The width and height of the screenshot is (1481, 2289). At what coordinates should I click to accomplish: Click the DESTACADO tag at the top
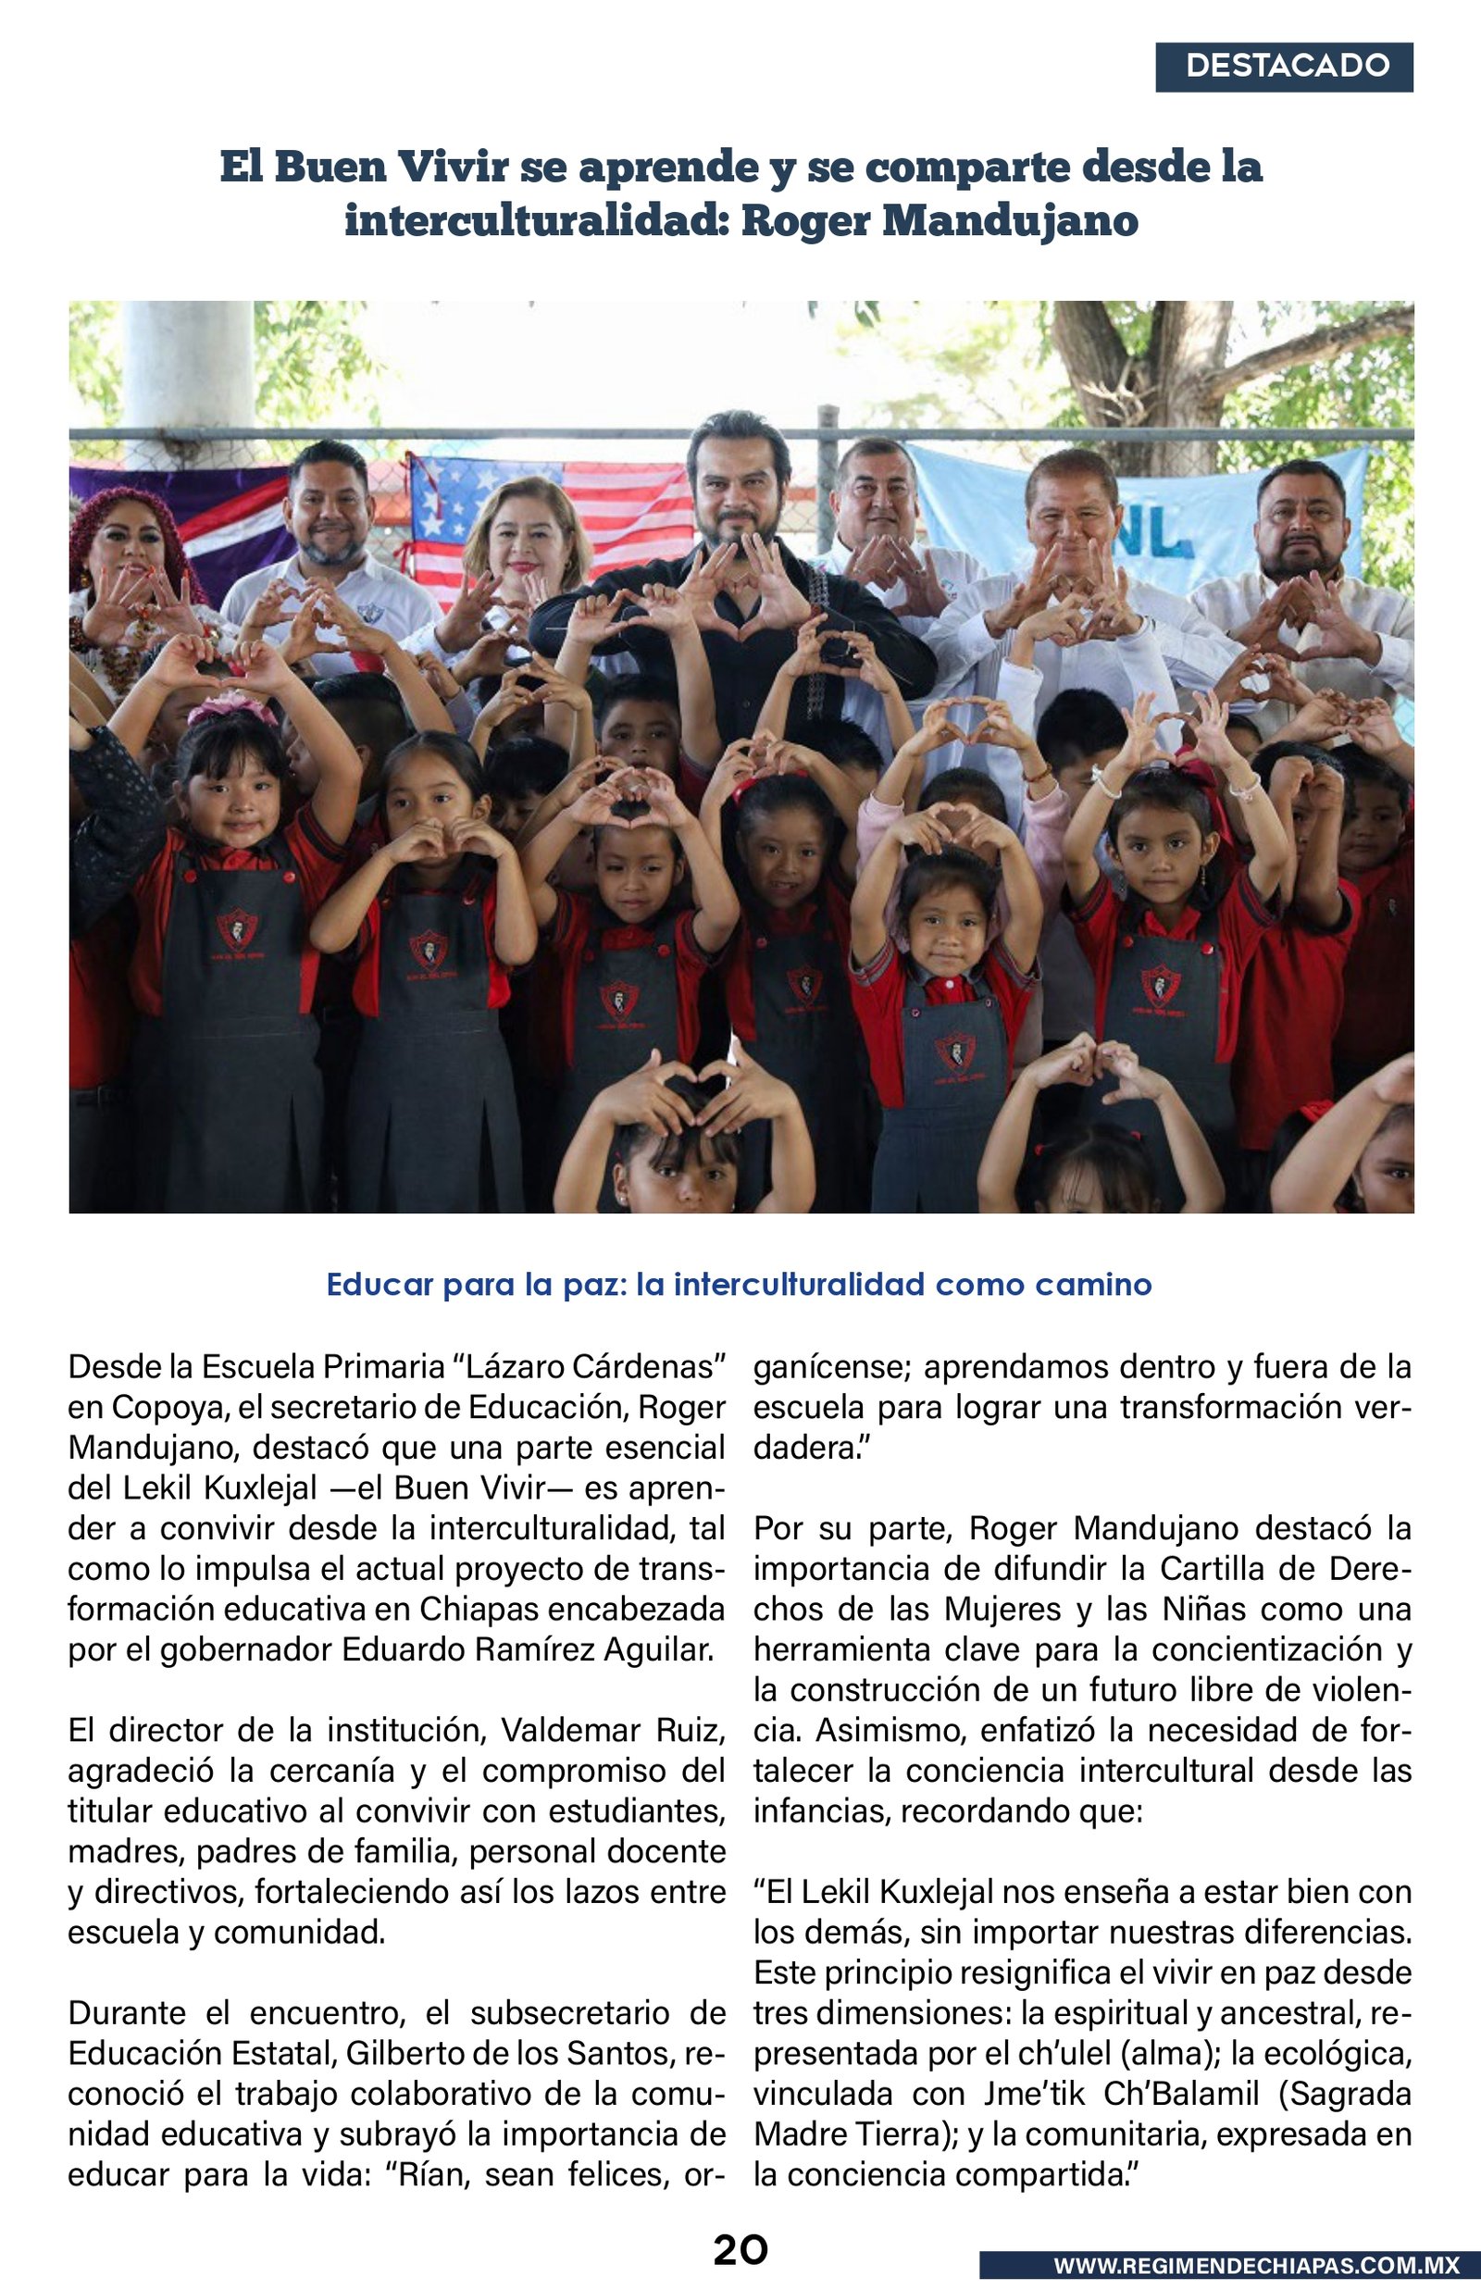[x=1284, y=67]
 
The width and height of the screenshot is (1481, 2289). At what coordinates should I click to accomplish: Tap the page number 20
[x=740, y=2249]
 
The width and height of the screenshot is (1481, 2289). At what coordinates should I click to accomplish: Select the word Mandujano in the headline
[x=1010, y=220]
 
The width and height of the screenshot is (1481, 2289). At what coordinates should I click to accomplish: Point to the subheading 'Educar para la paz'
[x=739, y=1285]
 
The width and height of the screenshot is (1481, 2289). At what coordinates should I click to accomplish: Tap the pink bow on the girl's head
[x=230, y=708]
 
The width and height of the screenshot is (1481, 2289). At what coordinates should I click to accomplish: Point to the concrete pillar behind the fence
[x=189, y=366]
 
